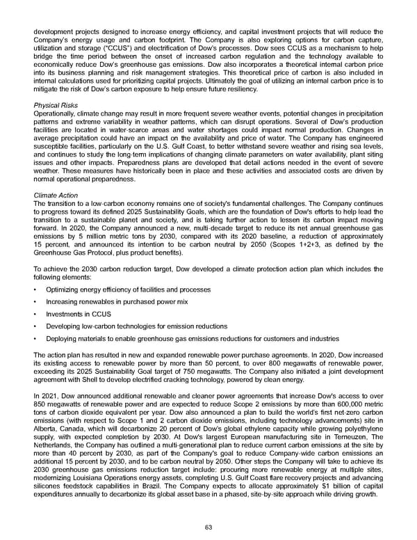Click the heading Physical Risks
point(56,106)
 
